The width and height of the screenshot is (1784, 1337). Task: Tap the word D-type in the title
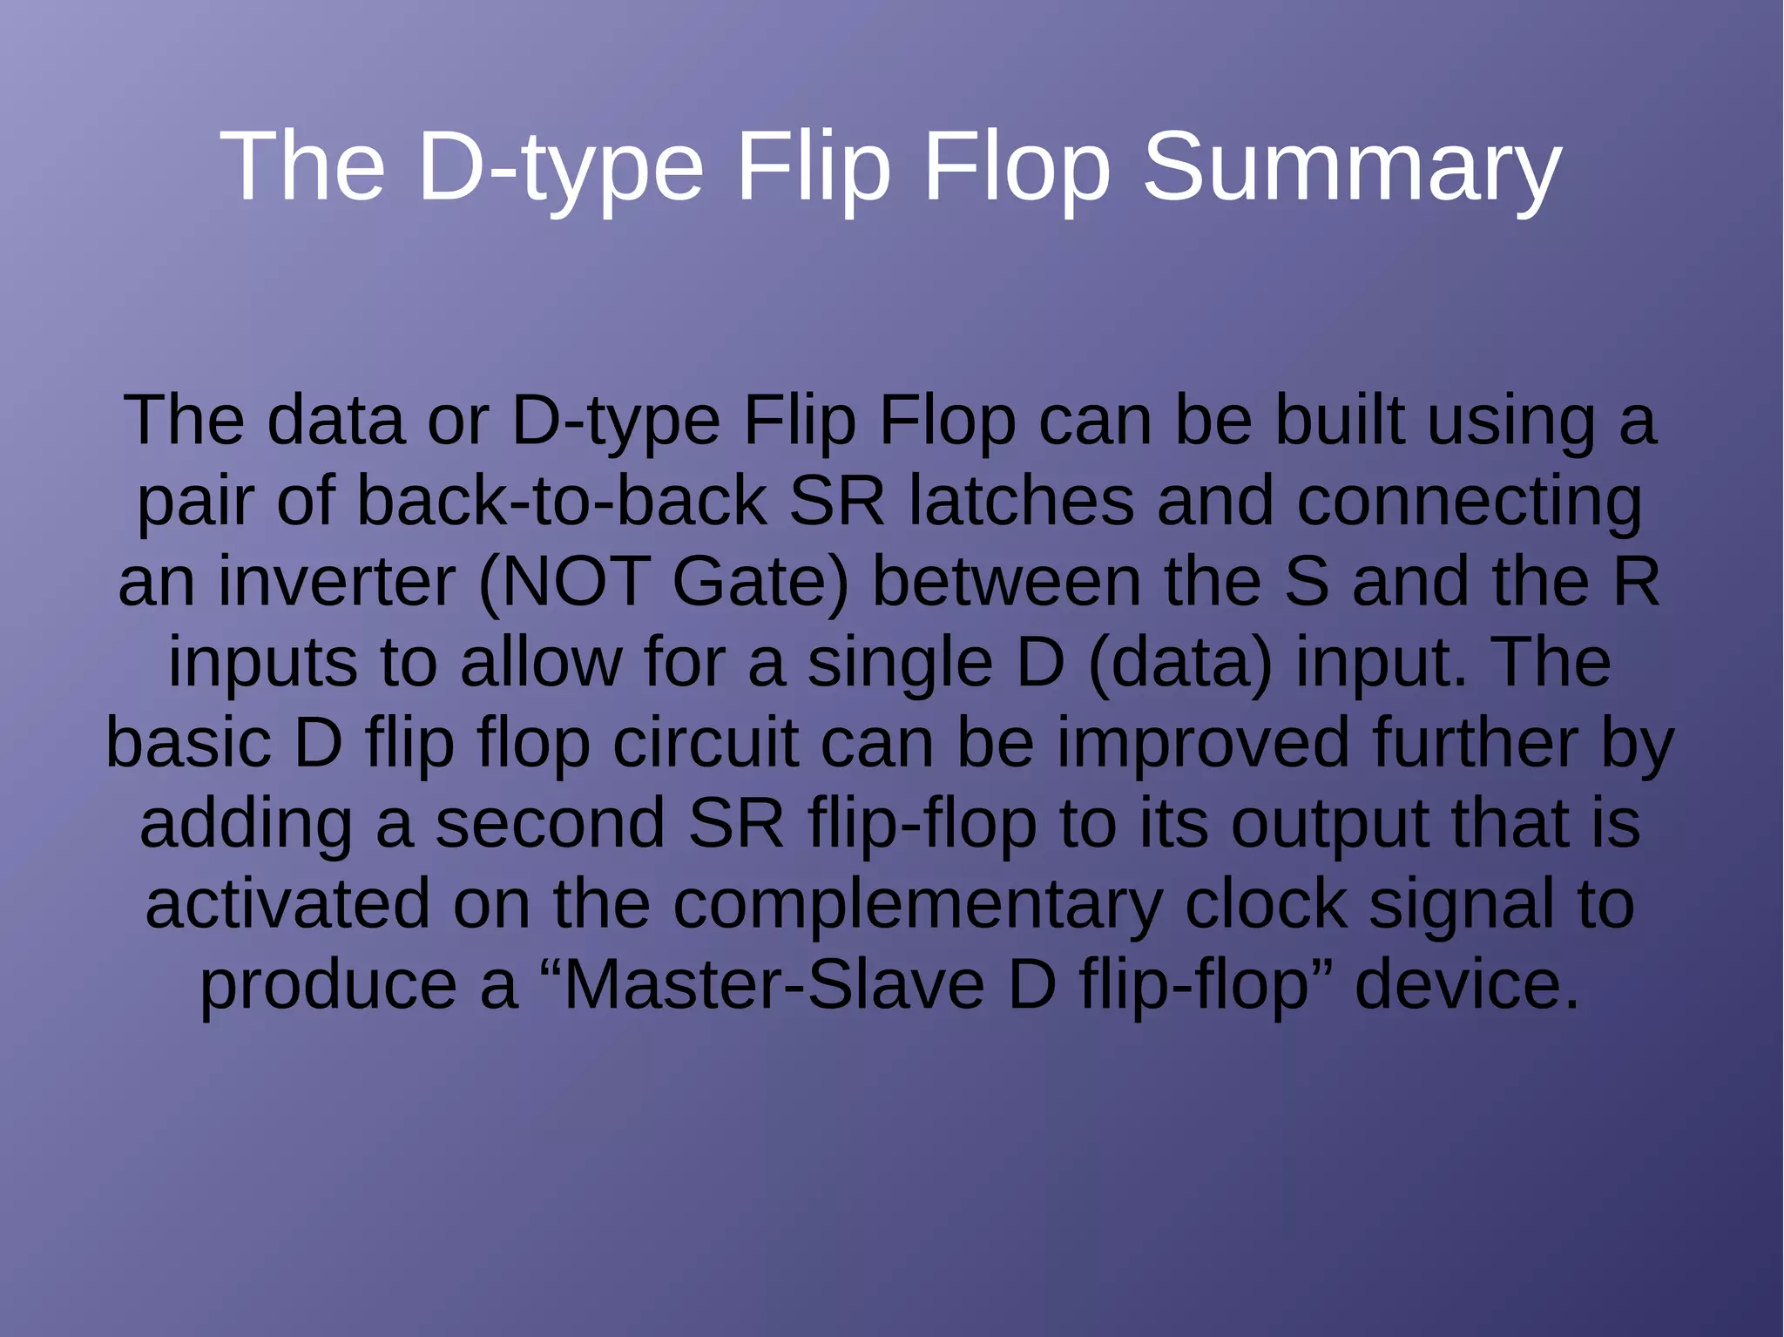(560, 167)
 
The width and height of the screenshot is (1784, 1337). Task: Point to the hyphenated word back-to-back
(561, 502)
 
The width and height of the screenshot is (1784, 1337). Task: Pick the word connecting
(1469, 503)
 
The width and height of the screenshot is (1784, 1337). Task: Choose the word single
(899, 664)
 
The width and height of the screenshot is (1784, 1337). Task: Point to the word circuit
(705, 743)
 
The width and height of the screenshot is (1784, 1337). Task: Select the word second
(550, 824)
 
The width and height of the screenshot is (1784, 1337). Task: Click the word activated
(287, 904)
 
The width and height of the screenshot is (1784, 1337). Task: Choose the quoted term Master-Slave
(774, 984)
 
